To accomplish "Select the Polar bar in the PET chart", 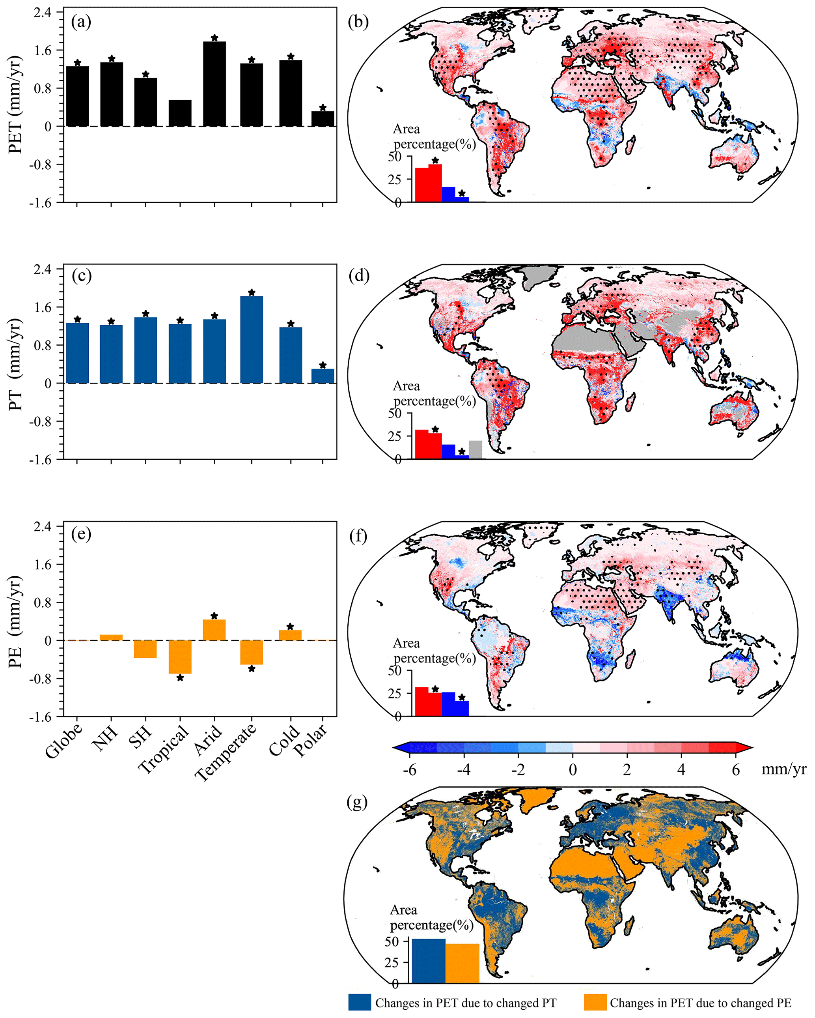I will tap(323, 119).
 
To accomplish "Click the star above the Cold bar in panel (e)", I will tap(290, 627).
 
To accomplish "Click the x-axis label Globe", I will tap(64, 741).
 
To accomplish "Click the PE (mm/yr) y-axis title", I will tap(15, 622).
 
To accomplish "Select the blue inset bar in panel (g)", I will tap(429, 960).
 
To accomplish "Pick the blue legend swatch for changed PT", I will tap(360, 1003).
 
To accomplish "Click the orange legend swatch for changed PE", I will tap(595, 1003).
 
